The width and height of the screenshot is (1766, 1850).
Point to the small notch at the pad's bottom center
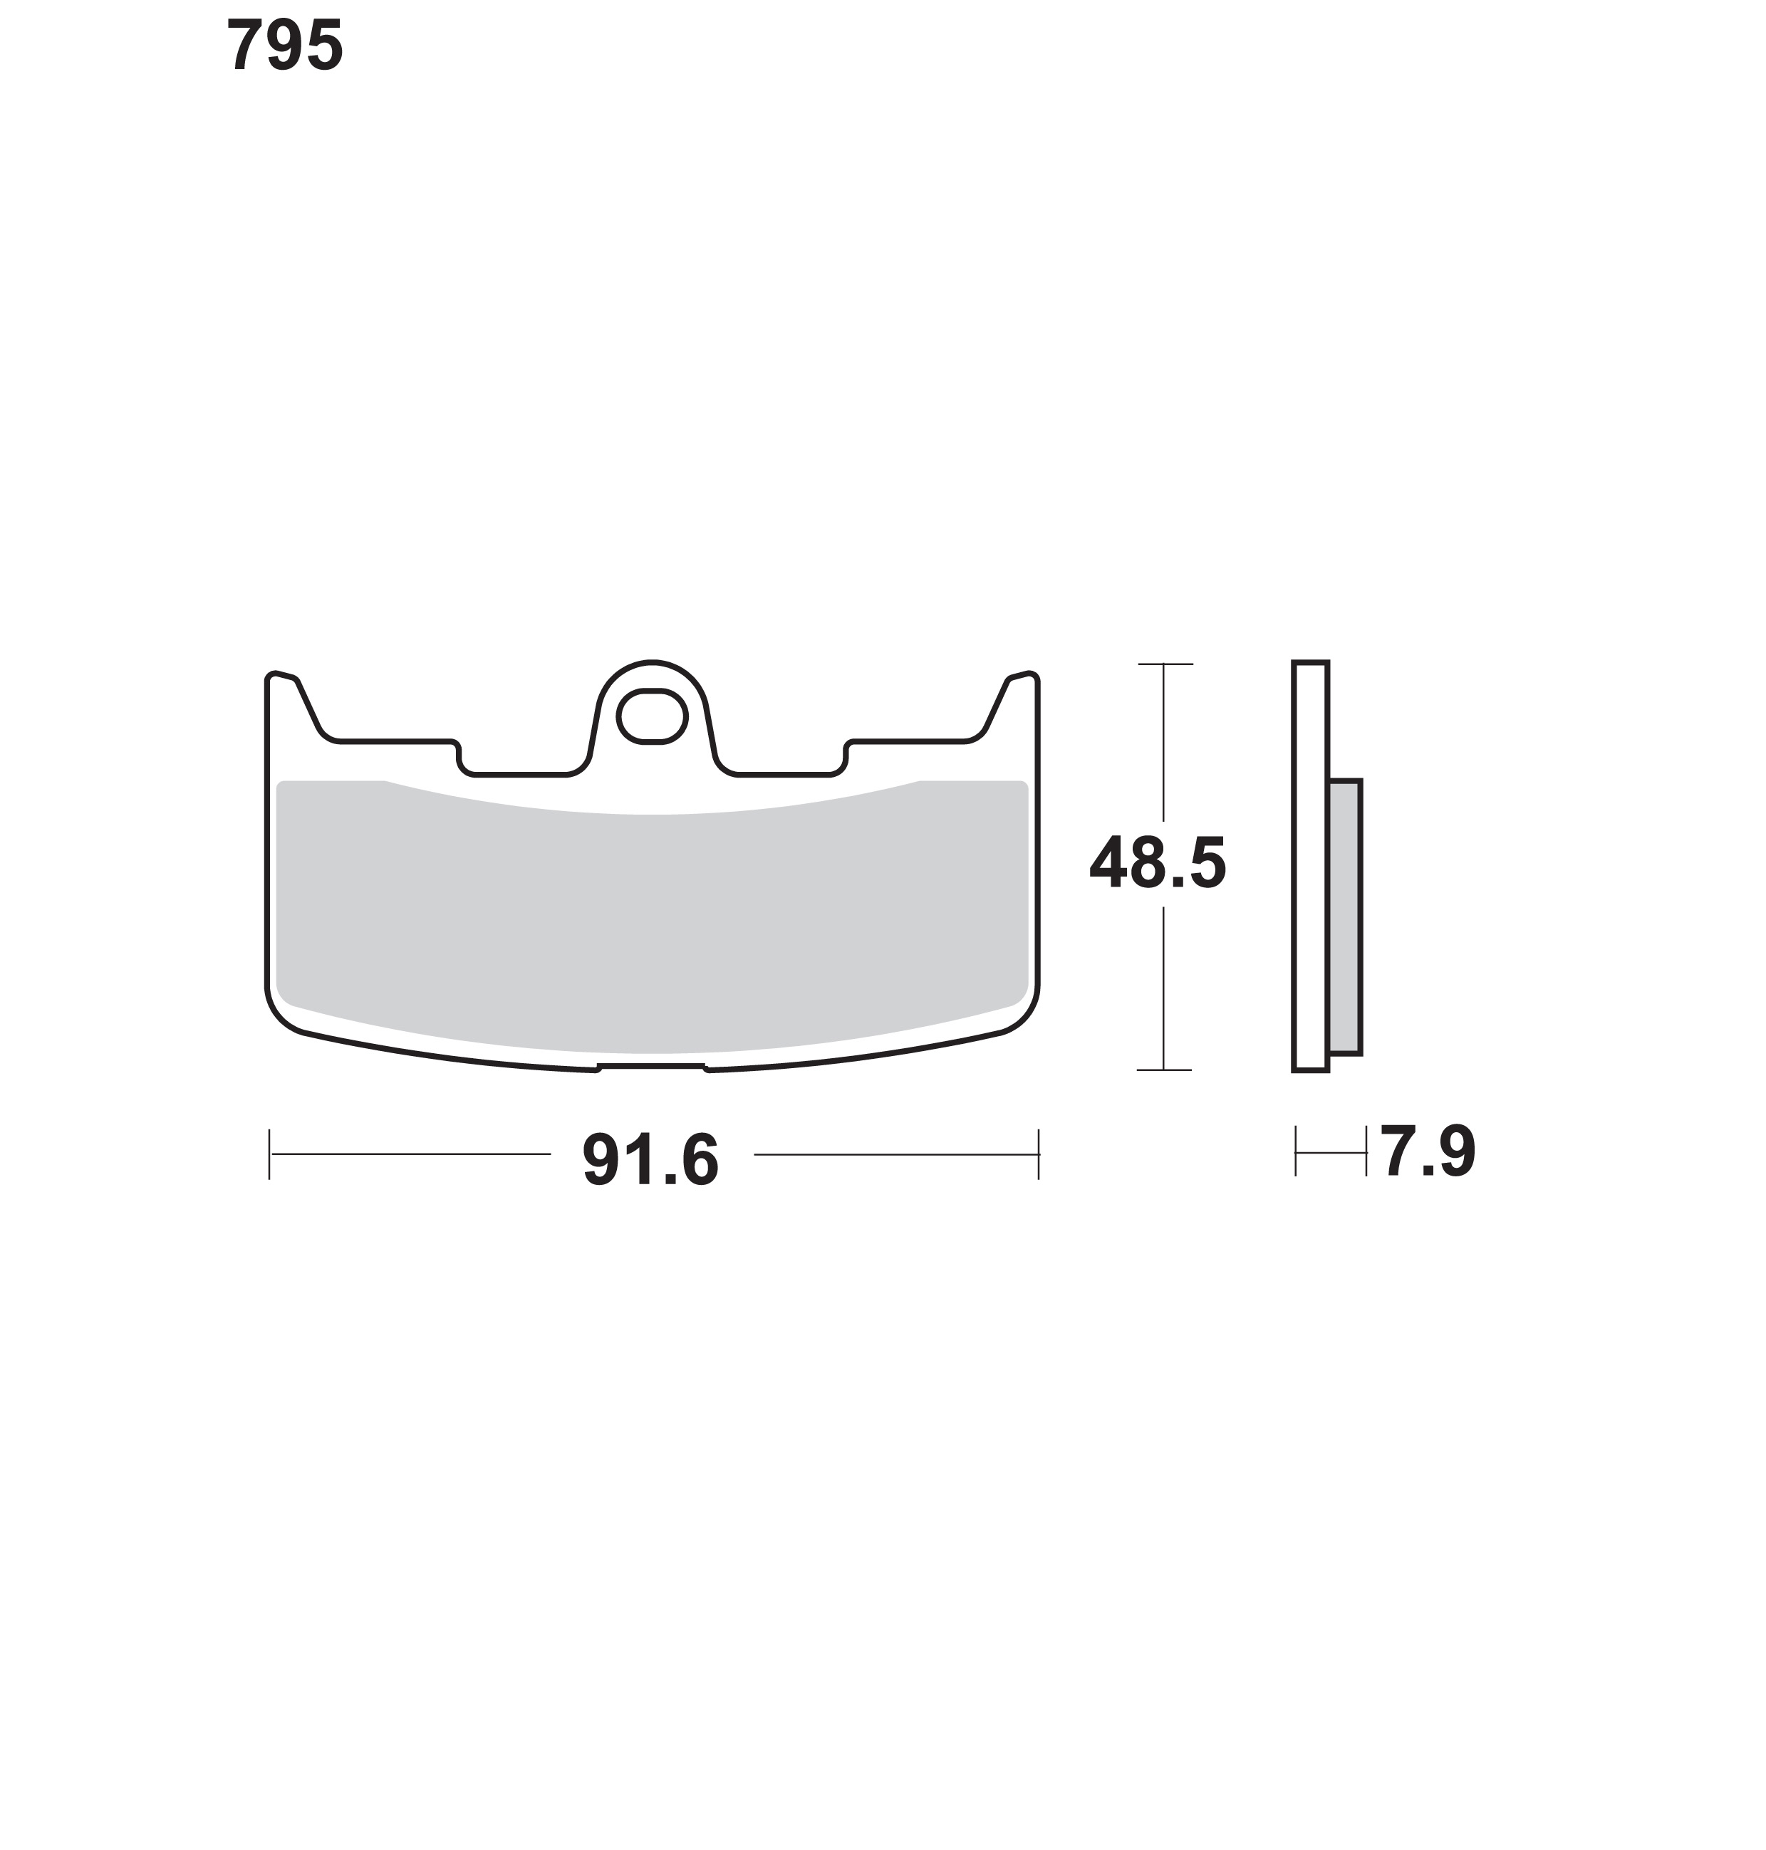[x=651, y=1067]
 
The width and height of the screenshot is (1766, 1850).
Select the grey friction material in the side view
[x=1345, y=916]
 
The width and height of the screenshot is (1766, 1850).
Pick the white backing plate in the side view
[x=1310, y=866]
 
